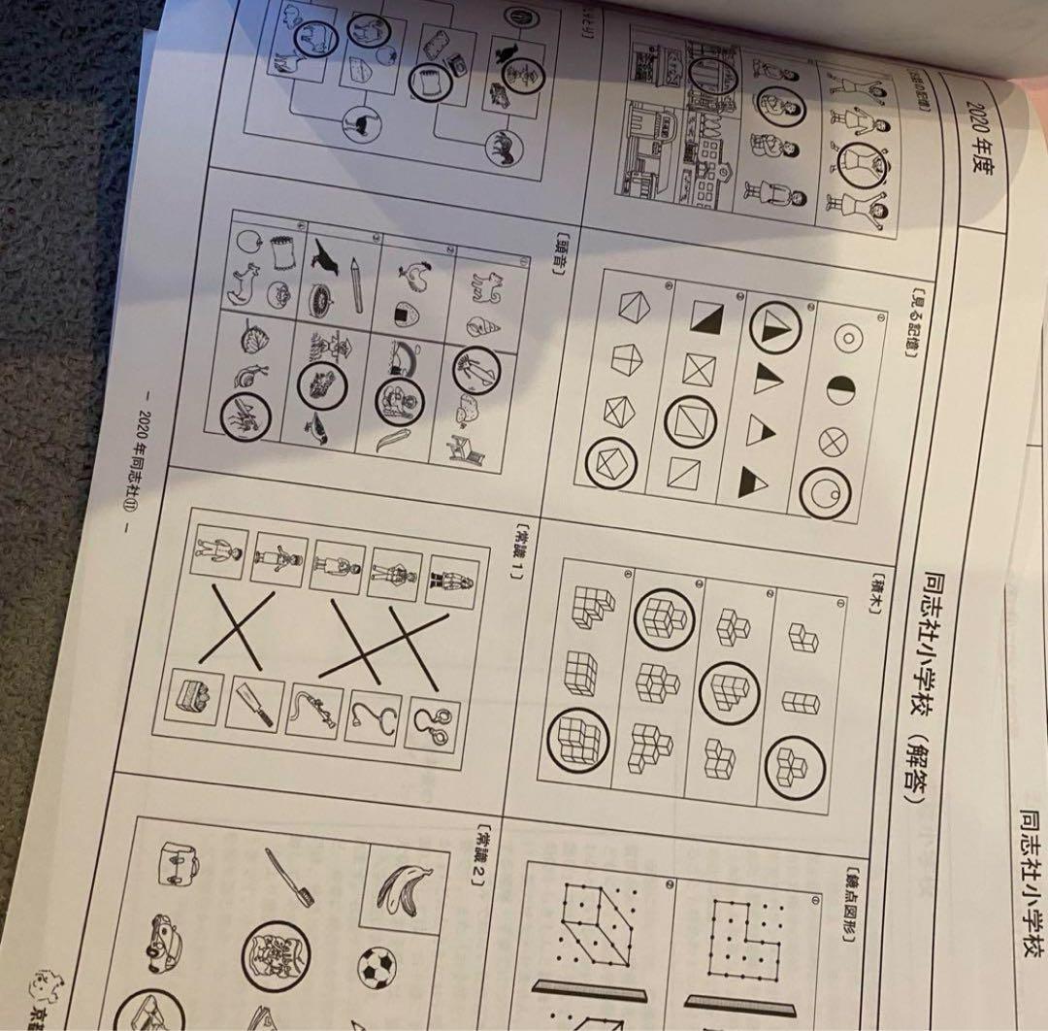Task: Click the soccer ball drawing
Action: pyautogui.click(x=377, y=967)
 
